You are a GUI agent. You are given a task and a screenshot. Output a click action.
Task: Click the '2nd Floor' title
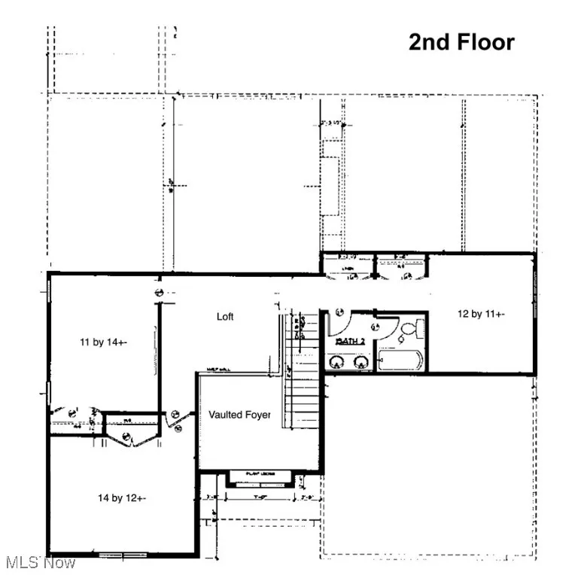(461, 42)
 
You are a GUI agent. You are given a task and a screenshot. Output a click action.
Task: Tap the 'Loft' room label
(225, 317)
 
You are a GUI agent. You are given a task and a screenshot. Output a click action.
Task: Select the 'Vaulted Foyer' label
(239, 415)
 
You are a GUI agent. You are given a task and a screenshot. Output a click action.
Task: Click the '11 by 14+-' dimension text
(104, 342)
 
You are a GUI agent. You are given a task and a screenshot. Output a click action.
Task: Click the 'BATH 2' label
(351, 341)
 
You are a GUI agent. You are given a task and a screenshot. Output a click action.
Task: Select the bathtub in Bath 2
(401, 360)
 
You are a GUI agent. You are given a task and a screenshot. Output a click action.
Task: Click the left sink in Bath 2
(337, 363)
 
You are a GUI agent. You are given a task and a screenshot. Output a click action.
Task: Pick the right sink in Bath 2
(361, 363)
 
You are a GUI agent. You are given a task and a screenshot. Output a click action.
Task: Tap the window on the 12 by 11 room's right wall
(537, 301)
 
